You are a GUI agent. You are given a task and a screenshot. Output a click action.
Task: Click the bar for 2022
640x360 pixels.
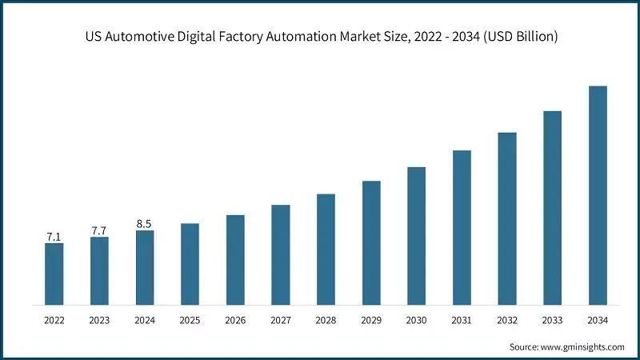[x=54, y=274]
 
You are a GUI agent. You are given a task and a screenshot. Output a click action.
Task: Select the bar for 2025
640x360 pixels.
[x=190, y=264]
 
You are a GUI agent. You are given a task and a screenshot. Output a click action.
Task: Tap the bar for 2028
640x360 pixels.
[x=326, y=249]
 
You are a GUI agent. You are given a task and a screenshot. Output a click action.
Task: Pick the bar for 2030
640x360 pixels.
[x=416, y=236]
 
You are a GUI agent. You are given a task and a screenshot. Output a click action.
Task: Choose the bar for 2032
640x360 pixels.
[x=507, y=218]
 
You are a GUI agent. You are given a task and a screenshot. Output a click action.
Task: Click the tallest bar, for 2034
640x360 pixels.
[x=598, y=195]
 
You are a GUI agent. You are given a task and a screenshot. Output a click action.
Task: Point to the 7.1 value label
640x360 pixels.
[x=54, y=237]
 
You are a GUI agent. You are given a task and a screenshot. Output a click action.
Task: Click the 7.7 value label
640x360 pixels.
[x=99, y=230]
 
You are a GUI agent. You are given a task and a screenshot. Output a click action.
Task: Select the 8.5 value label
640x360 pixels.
[x=144, y=224]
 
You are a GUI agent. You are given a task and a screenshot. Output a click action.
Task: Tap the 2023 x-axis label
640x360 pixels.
[x=99, y=320]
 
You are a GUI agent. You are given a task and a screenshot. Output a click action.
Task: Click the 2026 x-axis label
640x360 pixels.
[x=235, y=320]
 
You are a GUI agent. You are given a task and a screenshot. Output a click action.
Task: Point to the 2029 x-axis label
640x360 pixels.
[x=371, y=320]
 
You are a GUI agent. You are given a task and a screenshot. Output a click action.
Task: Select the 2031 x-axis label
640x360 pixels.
[x=462, y=320]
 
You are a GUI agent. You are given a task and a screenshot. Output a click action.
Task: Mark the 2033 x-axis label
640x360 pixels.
[x=552, y=320]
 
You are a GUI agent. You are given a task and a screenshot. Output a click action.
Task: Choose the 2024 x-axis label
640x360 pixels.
[x=144, y=320]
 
